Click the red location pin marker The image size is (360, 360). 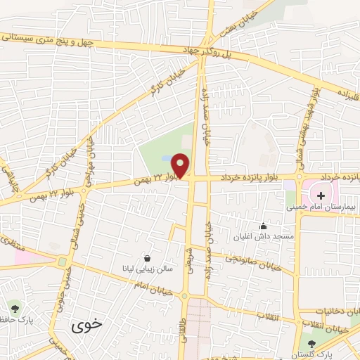[181, 166]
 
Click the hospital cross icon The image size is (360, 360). [321, 195]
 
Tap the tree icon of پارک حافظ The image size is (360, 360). [14, 307]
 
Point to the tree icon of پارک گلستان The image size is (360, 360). [312, 343]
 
